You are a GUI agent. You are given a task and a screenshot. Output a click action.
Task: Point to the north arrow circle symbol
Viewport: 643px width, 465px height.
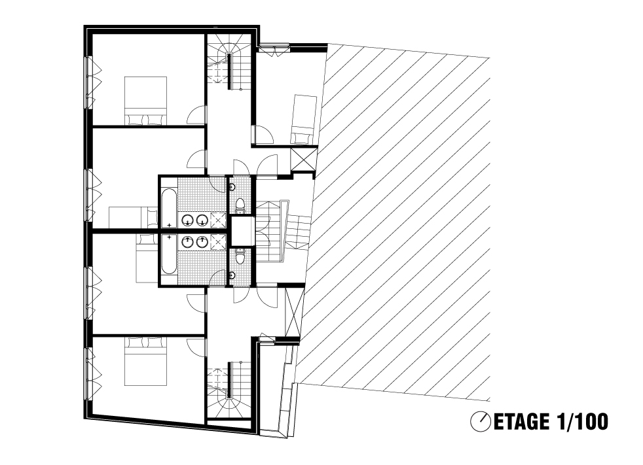point(481,422)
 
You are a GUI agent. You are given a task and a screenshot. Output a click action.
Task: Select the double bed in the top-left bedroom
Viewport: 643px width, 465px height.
point(145,100)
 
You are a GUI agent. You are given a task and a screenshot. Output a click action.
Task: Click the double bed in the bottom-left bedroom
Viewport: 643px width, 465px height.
point(145,361)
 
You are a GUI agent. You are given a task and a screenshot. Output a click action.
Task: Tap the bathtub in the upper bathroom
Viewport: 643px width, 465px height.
point(168,208)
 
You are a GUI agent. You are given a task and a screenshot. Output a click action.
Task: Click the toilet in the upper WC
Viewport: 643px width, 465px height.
point(240,205)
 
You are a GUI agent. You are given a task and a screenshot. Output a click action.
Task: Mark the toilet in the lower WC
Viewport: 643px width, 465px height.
point(240,256)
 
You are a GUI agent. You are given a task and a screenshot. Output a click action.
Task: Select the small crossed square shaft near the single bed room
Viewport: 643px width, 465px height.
point(303,160)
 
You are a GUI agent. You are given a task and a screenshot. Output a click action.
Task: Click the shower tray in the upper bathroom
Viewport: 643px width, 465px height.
point(218,220)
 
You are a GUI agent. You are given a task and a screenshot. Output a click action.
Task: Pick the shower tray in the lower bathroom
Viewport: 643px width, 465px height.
point(218,242)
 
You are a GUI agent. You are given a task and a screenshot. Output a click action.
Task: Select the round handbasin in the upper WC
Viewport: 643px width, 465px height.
point(232,187)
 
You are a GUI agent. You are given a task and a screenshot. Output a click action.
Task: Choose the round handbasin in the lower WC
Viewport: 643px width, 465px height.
point(232,275)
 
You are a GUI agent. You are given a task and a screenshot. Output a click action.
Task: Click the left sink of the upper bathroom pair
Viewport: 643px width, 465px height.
point(188,221)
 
